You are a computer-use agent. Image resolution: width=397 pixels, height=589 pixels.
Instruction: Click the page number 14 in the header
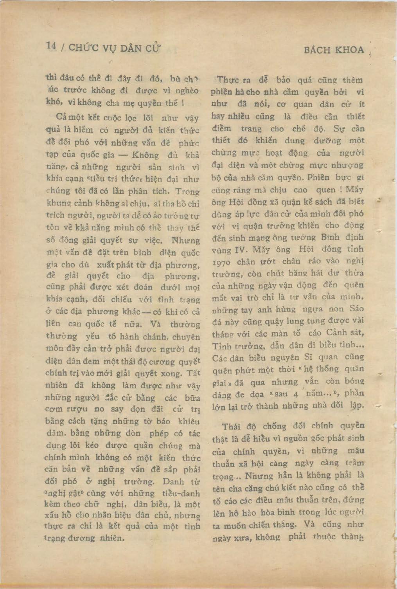click(50, 46)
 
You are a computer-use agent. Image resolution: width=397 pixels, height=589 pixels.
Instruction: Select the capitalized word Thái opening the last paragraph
click(232, 427)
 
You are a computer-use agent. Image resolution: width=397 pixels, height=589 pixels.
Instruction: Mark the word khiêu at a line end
click(189, 421)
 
